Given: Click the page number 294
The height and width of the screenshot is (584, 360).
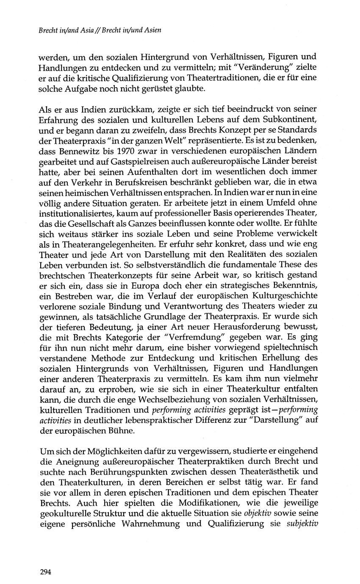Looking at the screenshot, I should (x=45, y=572).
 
